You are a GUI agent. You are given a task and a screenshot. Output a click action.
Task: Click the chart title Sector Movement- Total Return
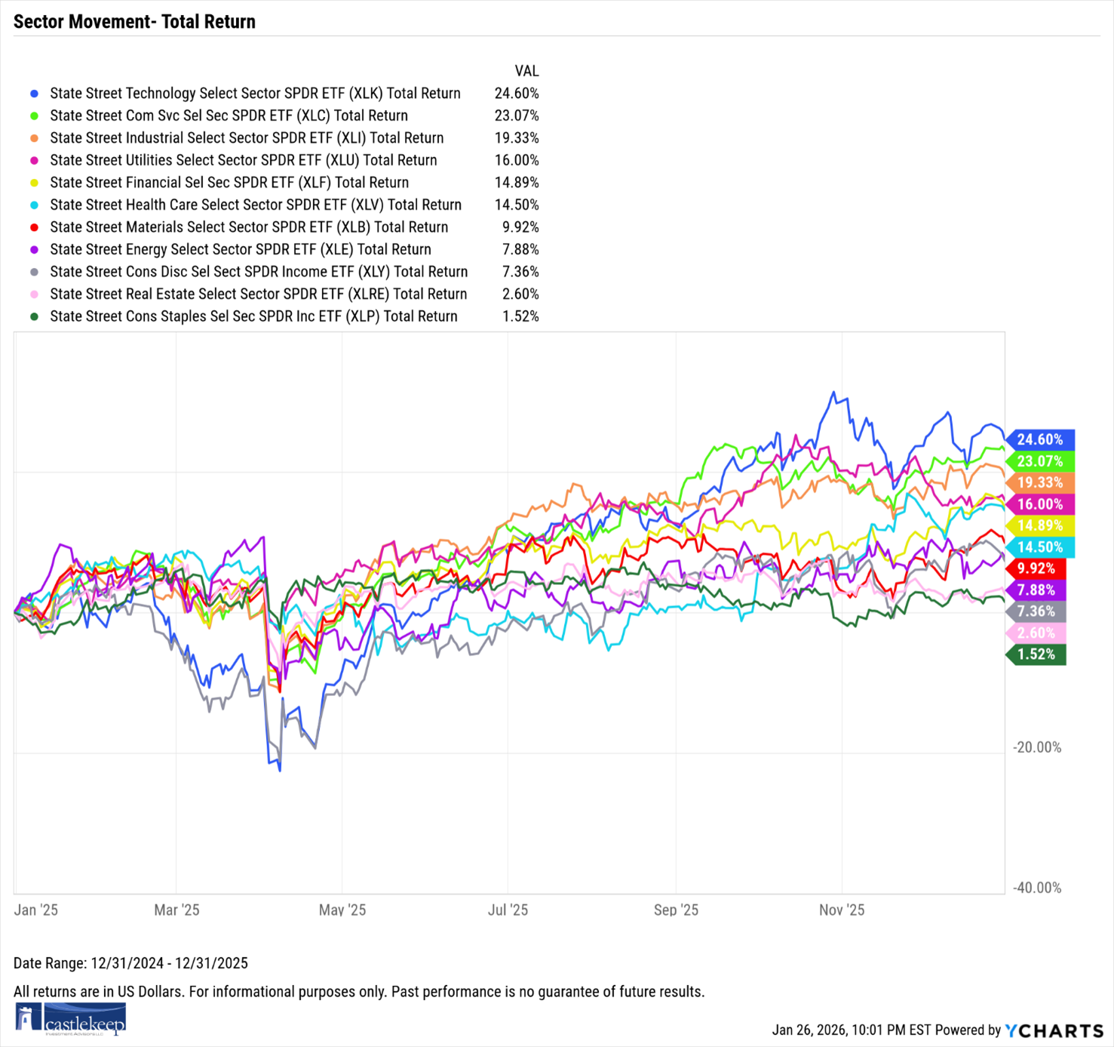click(x=134, y=22)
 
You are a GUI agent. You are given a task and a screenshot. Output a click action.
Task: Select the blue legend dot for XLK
click(x=34, y=94)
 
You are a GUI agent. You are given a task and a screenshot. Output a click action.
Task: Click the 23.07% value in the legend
click(x=517, y=115)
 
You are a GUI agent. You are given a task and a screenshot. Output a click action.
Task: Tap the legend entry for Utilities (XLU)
click(x=243, y=160)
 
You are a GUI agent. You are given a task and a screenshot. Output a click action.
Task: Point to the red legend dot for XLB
click(x=34, y=227)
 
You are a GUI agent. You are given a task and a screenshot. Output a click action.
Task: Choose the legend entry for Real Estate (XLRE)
click(x=258, y=294)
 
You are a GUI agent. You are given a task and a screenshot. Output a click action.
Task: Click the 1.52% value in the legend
click(x=520, y=316)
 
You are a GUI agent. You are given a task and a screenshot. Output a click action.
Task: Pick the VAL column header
click(x=526, y=71)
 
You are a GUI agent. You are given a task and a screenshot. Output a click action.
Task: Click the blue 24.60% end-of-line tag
click(x=1039, y=439)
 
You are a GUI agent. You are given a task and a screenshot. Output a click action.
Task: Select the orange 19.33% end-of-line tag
click(x=1039, y=482)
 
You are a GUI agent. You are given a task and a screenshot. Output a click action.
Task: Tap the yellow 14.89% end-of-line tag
click(x=1039, y=525)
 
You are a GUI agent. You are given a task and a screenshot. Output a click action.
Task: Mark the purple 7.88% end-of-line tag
click(x=1036, y=590)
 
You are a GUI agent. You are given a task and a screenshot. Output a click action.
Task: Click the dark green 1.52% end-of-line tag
click(x=1036, y=654)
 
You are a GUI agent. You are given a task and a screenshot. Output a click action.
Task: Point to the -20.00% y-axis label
click(x=1037, y=747)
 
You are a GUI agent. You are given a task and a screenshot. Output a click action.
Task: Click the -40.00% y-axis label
click(x=1037, y=888)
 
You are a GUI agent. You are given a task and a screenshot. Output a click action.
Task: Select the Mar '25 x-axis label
click(x=176, y=910)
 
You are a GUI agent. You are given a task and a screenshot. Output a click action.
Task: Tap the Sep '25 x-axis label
click(x=676, y=910)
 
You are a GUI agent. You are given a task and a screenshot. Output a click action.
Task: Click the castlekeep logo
click(x=70, y=1019)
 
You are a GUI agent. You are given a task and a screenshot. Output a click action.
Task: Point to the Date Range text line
click(x=130, y=963)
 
